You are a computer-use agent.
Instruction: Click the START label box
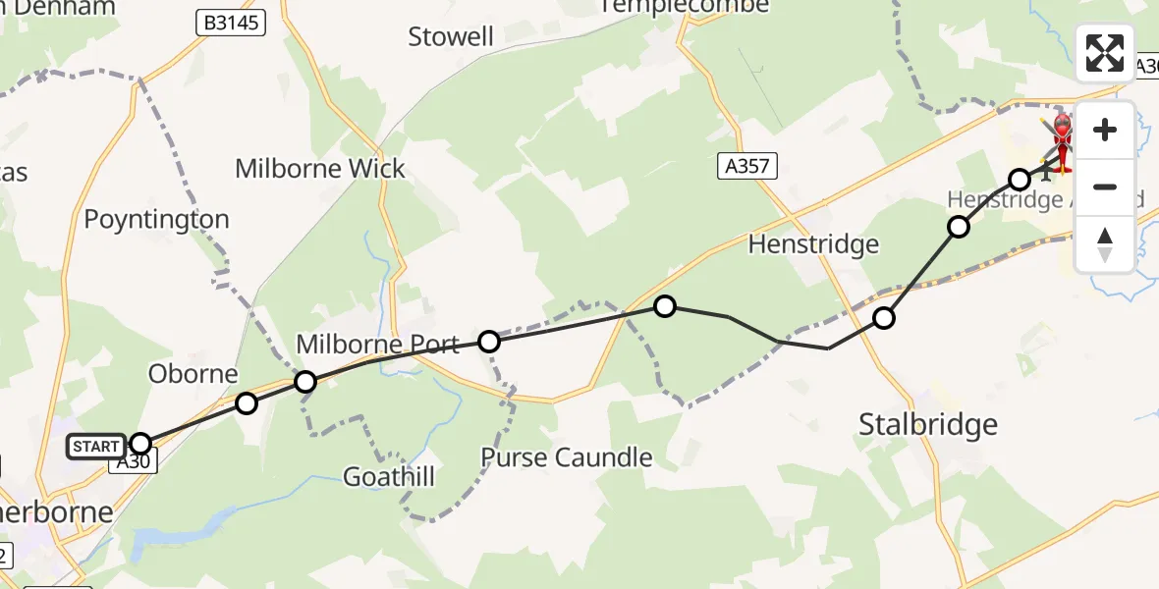pyautogui.click(x=96, y=447)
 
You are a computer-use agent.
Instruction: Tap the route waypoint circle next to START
pyautogui.click(x=140, y=444)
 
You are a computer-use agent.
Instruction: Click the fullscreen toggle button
pyautogui.click(x=1105, y=53)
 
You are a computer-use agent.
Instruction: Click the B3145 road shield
pyautogui.click(x=230, y=23)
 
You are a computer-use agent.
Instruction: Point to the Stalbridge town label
pyautogui.click(x=928, y=424)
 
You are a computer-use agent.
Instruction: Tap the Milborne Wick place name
pyautogui.click(x=320, y=168)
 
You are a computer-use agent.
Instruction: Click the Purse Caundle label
pyautogui.click(x=567, y=456)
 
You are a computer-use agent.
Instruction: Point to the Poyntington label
pyautogui.click(x=156, y=219)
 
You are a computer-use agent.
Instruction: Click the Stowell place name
pyautogui.click(x=451, y=37)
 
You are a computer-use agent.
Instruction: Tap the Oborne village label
pyautogui.click(x=193, y=373)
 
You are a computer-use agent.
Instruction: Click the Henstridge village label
pyautogui.click(x=813, y=243)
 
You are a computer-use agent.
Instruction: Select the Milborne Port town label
pyautogui.click(x=378, y=345)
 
